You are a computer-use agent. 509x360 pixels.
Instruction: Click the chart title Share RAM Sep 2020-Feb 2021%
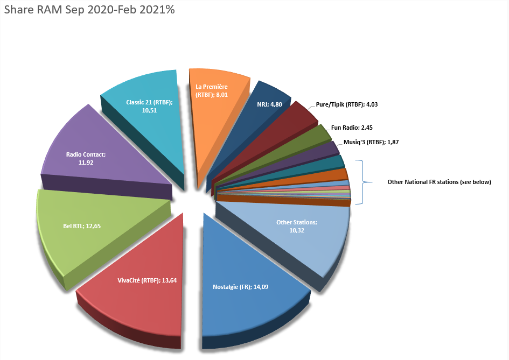[x=89, y=10]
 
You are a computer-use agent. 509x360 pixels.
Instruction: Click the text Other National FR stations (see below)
[x=440, y=182]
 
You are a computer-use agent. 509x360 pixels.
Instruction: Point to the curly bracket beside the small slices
[x=364, y=182]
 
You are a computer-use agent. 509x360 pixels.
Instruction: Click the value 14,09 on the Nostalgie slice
[x=259, y=287]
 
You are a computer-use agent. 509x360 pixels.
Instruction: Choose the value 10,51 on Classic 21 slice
[x=149, y=110]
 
